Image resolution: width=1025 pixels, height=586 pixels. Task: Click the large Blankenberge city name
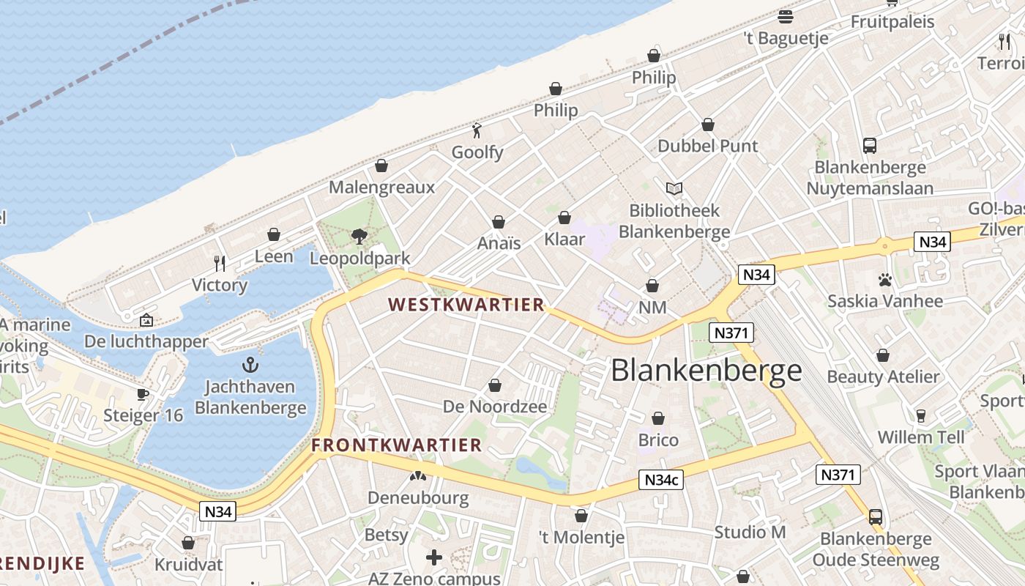click(x=706, y=370)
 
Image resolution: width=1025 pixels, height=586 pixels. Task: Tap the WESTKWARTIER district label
click(x=466, y=305)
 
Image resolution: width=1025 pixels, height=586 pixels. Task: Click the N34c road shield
click(x=661, y=480)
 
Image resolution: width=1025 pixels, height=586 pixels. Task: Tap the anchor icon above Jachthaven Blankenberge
click(x=250, y=364)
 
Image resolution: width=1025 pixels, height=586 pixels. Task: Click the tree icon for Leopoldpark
click(x=359, y=236)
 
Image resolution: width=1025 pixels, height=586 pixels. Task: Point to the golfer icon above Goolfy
click(x=477, y=130)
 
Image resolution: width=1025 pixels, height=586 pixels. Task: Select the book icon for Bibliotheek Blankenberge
click(x=674, y=189)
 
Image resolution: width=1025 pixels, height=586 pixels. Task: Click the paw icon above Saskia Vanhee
click(x=884, y=280)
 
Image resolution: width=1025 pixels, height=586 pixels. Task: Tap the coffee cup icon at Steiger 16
click(x=143, y=394)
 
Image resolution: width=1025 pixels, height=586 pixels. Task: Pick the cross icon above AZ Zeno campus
click(x=434, y=557)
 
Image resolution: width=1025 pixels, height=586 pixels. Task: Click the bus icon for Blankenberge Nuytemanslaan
click(x=870, y=145)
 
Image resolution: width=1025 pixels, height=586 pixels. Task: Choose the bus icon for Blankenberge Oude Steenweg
click(x=876, y=517)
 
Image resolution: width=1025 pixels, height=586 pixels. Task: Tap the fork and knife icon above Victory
click(x=219, y=263)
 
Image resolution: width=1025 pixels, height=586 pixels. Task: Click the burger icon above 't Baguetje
click(x=786, y=16)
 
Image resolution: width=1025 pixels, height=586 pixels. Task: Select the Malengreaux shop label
click(x=381, y=187)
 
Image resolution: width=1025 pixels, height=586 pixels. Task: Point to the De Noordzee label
click(x=495, y=407)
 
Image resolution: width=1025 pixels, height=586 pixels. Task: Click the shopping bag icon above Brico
click(x=658, y=418)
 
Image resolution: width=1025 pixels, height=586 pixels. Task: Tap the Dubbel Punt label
click(x=708, y=146)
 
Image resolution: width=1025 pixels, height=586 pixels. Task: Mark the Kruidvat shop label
click(x=188, y=565)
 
